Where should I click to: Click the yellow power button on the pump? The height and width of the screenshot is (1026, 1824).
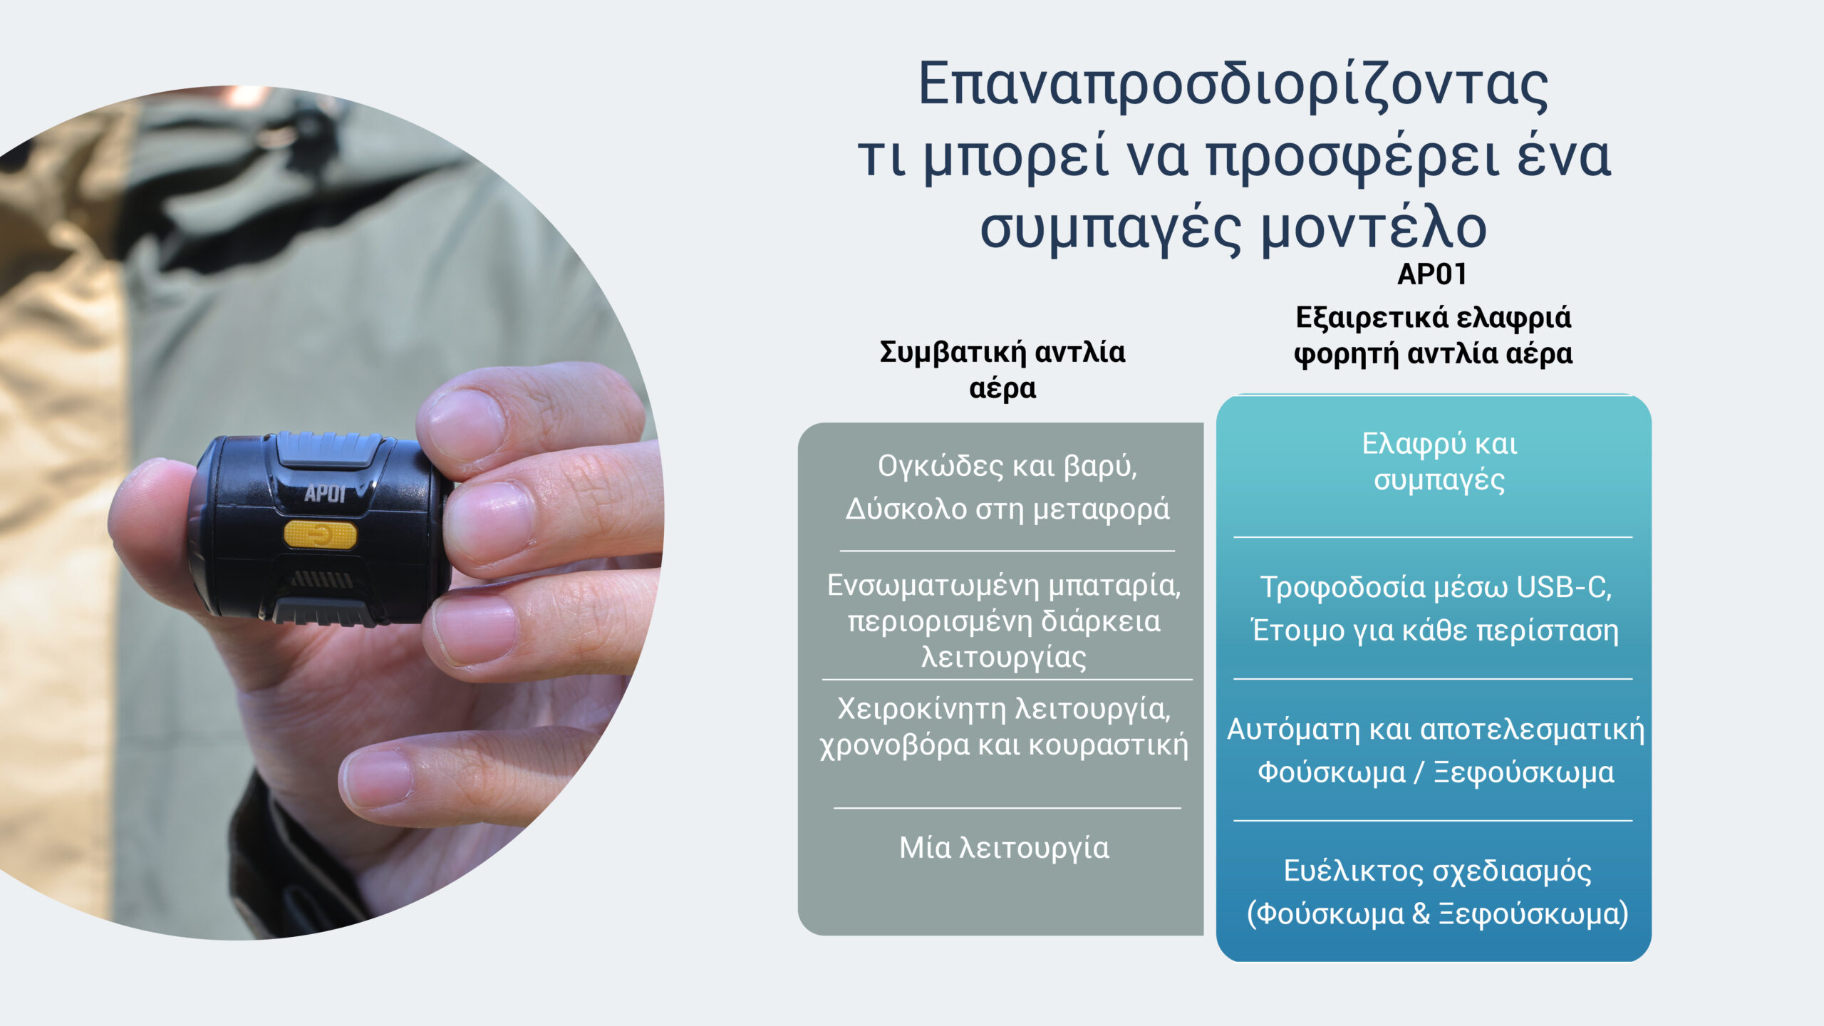point(320,534)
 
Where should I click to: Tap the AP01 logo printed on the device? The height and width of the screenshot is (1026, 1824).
point(325,494)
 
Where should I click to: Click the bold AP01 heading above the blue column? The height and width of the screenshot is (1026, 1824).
point(1432,274)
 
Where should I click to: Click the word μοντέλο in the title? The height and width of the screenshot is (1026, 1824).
point(1374,228)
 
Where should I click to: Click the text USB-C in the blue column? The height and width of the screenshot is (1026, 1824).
point(1563,587)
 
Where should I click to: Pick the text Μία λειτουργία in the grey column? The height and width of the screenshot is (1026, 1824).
point(1004,848)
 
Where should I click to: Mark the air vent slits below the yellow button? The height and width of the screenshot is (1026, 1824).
point(323,579)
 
